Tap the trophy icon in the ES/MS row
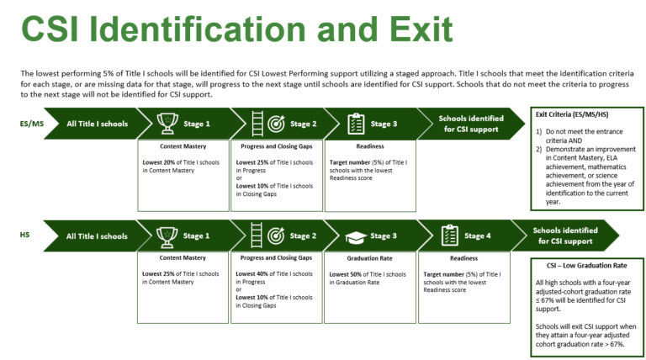(x=167, y=124)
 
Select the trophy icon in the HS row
(x=167, y=236)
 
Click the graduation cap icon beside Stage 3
(x=356, y=237)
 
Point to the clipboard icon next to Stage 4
(x=449, y=236)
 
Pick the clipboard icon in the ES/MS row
(x=356, y=124)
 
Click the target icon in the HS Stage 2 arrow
(x=276, y=236)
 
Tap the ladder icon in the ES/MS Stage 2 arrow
(x=257, y=124)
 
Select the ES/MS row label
(x=32, y=124)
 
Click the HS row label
(x=24, y=235)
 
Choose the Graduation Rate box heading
(x=369, y=258)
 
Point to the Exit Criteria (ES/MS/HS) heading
(x=572, y=114)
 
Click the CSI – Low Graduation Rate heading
(x=586, y=266)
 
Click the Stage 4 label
(x=478, y=236)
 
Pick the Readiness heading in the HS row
(x=464, y=258)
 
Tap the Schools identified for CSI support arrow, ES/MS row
(x=471, y=124)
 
